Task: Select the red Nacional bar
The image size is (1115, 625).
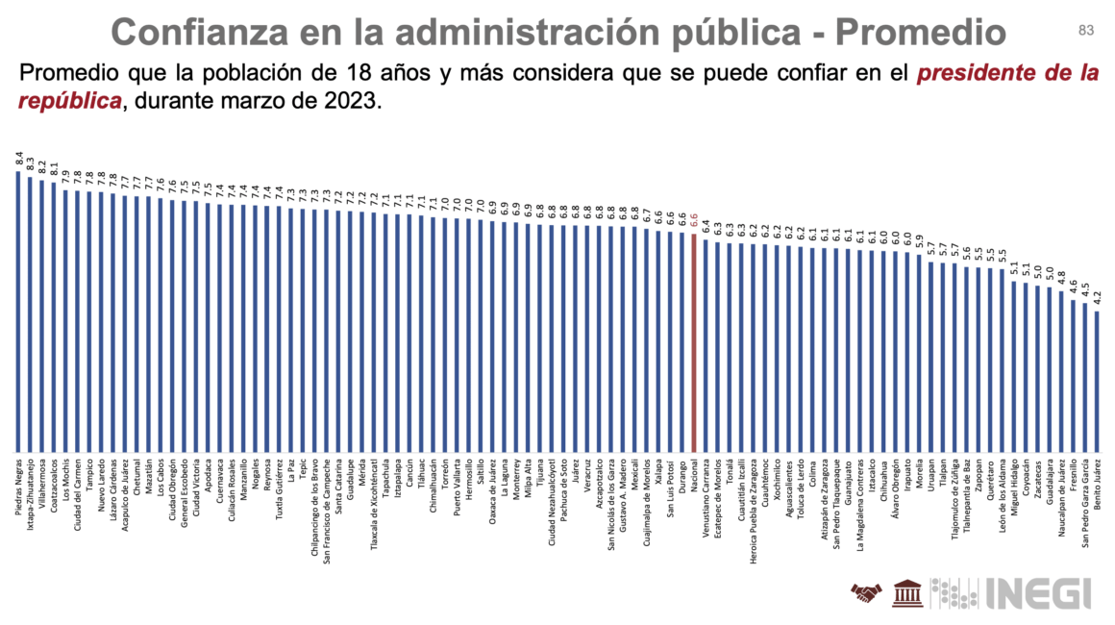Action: pyautogui.click(x=693, y=342)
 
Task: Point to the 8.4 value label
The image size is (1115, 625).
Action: pyautogui.click(x=18, y=159)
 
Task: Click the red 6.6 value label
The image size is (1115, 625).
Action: pyautogui.click(x=693, y=220)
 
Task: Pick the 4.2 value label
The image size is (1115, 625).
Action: pyautogui.click(x=1097, y=299)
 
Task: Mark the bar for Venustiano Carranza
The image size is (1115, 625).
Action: pyautogui.click(x=706, y=346)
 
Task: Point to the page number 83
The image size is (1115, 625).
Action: pyautogui.click(x=1086, y=31)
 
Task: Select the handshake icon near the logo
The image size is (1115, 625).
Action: pyautogui.click(x=865, y=593)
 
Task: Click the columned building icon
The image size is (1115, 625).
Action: pyautogui.click(x=904, y=593)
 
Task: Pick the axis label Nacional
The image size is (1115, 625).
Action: pyautogui.click(x=694, y=478)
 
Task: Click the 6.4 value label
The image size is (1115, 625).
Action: pyautogui.click(x=706, y=227)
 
